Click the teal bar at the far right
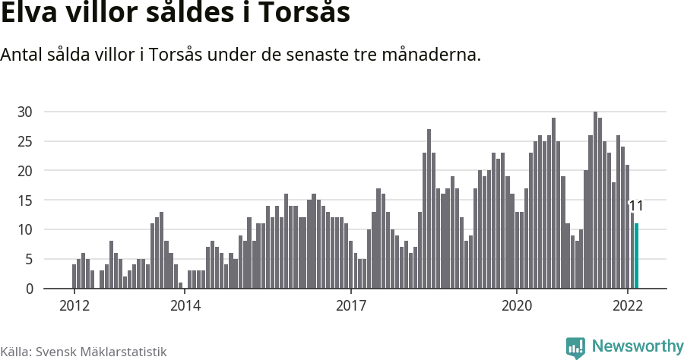[637, 256]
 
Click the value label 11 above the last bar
[636, 207]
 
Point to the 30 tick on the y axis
[25, 112]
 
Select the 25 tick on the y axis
[25, 141]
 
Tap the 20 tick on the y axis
[25, 171]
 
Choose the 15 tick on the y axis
[25, 201]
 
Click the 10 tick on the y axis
[25, 229]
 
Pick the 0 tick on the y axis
[29, 289]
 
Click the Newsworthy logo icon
[575, 347]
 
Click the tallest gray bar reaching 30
[595, 201]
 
